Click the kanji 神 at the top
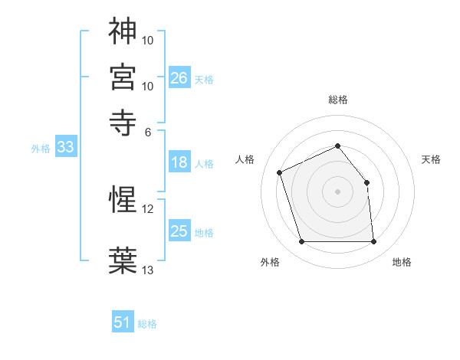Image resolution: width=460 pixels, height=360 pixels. [123, 31]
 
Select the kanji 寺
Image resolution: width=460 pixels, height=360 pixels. [123, 121]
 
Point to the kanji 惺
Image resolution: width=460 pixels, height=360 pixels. [123, 201]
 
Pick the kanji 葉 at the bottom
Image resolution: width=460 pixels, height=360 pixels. [123, 259]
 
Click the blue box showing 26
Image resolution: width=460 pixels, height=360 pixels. [179, 78]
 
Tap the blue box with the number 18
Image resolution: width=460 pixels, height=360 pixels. [179, 162]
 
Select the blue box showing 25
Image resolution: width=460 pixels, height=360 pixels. [179, 231]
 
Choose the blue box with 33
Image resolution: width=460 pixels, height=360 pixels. [65, 148]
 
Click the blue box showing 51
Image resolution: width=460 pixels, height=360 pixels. [123, 322]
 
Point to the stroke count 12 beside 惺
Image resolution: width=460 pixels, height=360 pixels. [148, 208]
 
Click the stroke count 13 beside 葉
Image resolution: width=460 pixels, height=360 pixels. [148, 269]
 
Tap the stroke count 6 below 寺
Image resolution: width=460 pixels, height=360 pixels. [148, 131]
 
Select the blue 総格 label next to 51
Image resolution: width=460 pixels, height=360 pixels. [147, 324]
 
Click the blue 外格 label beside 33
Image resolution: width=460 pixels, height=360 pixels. [41, 149]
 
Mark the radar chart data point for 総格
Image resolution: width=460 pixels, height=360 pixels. [337, 146]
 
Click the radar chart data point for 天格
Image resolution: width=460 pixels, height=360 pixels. [366, 182]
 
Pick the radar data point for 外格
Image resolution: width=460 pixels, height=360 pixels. [301, 242]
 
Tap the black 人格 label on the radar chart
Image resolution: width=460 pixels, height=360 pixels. [245, 159]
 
